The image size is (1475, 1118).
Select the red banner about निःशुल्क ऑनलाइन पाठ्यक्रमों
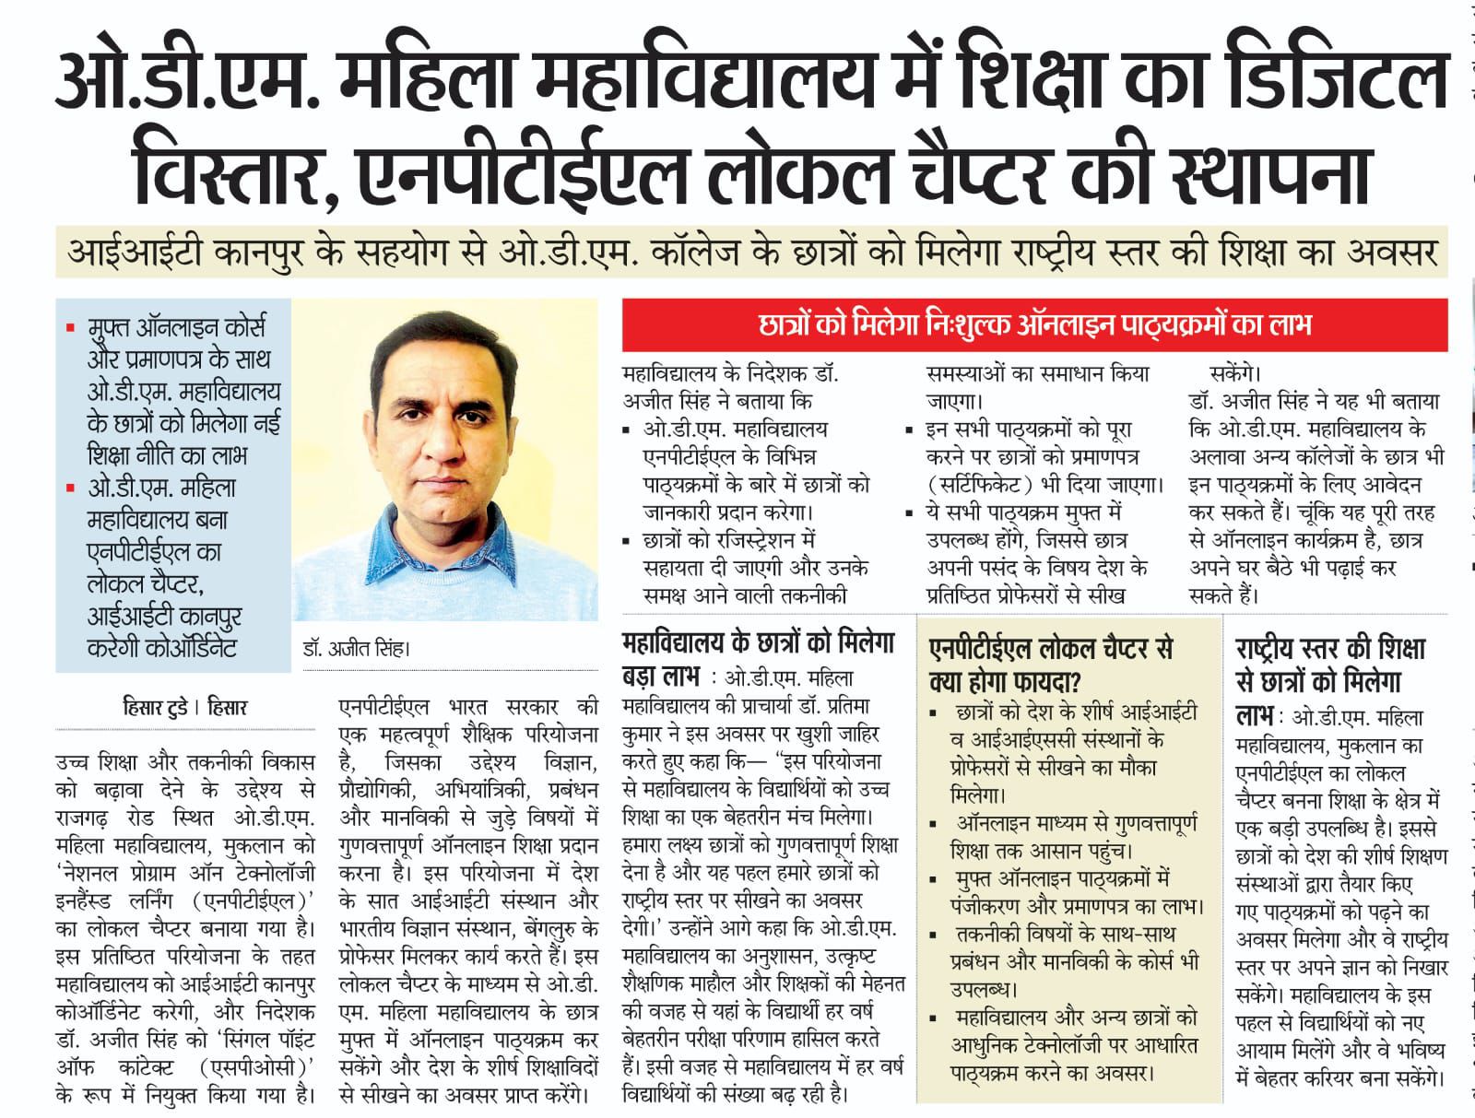[x=1034, y=324]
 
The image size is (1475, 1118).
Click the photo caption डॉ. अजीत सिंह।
[x=357, y=647]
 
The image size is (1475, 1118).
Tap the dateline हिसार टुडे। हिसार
[x=184, y=708]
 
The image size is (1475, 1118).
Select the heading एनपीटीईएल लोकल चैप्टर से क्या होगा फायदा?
[x=1051, y=664]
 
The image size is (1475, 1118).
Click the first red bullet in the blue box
[x=71, y=327]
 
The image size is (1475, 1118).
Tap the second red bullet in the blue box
[x=71, y=488]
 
